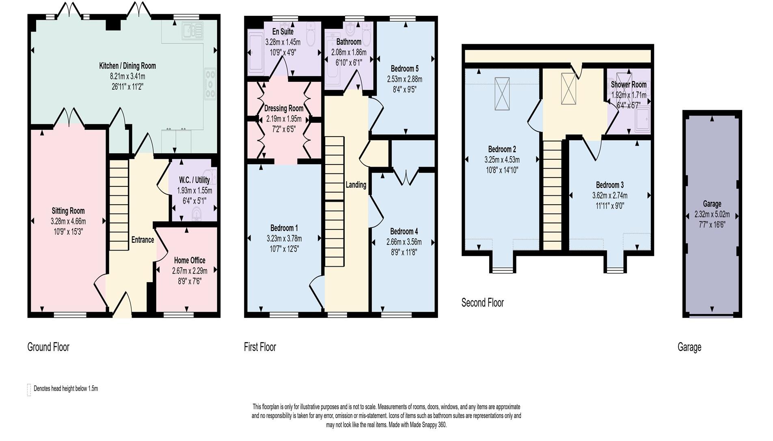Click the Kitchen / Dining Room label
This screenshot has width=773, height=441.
coord(127,66)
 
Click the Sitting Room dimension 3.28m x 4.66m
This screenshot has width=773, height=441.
coord(68,221)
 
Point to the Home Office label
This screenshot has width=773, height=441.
coord(190,260)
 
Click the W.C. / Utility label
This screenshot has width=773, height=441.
coord(194,180)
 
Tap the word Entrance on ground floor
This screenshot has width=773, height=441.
coord(143,240)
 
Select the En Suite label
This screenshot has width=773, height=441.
coord(283,32)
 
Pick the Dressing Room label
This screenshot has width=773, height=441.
coord(284,109)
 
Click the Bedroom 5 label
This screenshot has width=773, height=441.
coord(404,69)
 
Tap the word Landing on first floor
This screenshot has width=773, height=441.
coord(356,185)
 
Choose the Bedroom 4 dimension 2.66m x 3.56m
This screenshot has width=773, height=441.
coord(404,242)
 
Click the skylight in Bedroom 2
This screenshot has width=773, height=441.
coord(502,93)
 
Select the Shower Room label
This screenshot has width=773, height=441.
coord(628,85)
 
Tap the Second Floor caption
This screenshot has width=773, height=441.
coord(482,303)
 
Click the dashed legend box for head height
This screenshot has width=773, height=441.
coord(29,390)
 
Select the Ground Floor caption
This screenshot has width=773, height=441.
coord(48,347)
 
